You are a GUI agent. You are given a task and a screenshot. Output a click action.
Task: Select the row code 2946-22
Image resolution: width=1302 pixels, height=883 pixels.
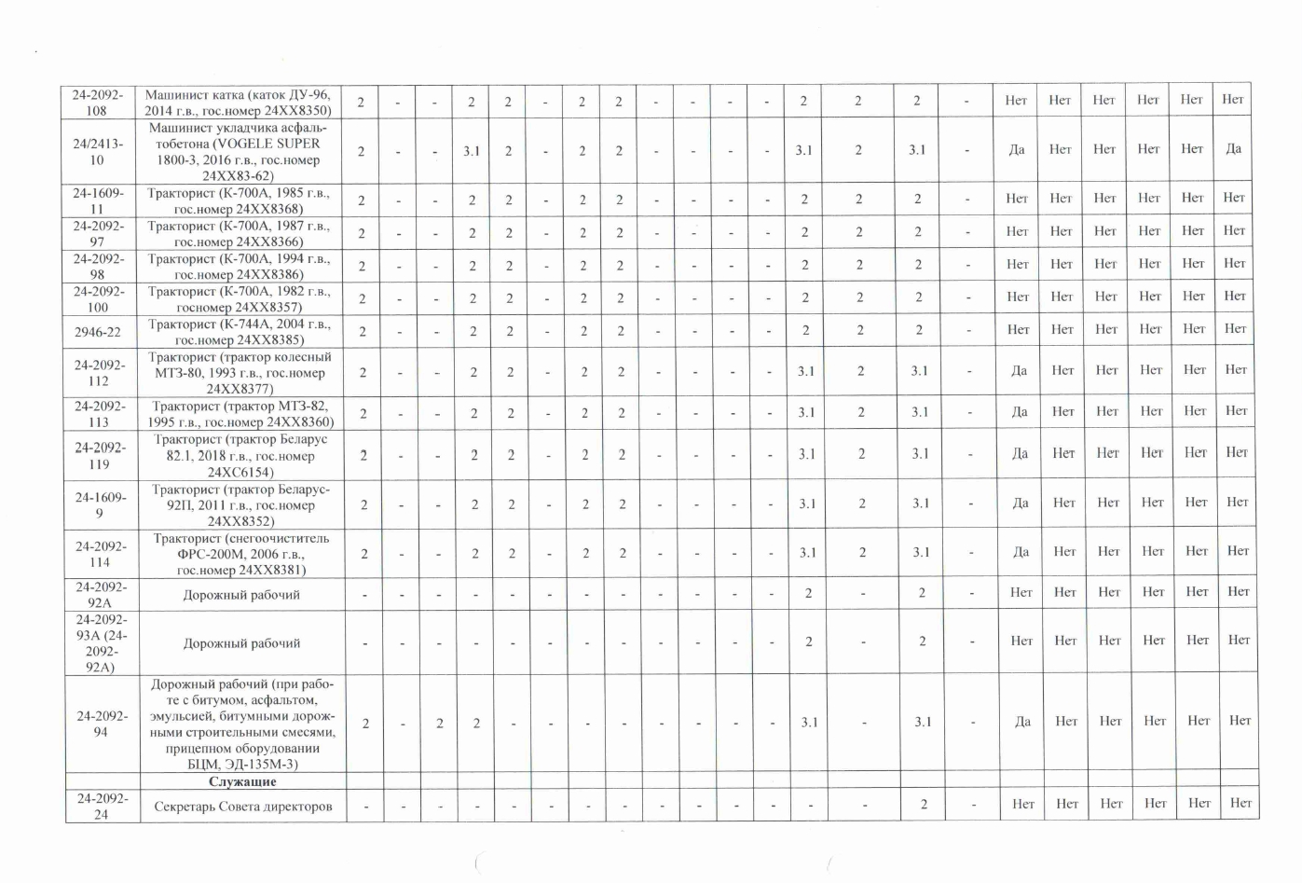tap(98, 332)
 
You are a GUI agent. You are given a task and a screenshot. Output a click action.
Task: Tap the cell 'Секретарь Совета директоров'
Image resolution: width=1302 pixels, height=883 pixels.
tap(242, 807)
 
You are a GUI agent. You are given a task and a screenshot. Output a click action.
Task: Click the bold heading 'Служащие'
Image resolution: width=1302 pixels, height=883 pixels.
tap(242, 781)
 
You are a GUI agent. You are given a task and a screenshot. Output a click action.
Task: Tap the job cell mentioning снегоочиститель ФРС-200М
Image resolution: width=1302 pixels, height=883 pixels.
tap(241, 554)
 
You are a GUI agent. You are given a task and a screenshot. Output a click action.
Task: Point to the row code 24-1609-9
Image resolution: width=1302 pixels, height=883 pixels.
tap(100, 504)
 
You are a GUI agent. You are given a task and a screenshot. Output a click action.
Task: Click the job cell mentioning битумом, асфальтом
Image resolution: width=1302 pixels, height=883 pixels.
tap(241, 724)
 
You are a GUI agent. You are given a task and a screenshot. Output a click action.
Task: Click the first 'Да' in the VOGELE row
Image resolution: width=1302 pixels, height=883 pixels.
tap(1016, 149)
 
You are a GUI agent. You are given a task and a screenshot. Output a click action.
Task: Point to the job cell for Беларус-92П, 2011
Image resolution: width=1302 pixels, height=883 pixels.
tap(241, 504)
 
